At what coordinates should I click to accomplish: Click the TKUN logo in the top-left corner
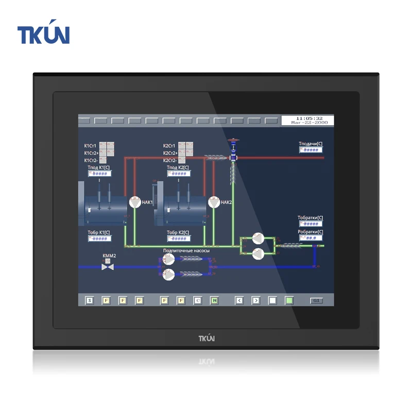(43, 35)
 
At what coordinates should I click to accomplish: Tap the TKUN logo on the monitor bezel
(207, 338)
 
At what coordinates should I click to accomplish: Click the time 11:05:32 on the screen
(307, 118)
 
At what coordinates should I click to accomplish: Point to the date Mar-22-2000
(307, 124)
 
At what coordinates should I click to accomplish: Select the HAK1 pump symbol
(134, 202)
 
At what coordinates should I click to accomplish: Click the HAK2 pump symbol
(214, 202)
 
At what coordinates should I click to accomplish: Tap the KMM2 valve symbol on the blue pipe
(108, 267)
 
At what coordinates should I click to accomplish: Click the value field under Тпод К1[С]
(100, 174)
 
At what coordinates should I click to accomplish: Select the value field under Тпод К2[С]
(179, 174)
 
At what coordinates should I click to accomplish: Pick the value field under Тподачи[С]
(311, 150)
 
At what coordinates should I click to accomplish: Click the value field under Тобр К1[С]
(100, 238)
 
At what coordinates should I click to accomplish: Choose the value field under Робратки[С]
(311, 238)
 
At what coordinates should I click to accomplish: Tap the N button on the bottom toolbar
(214, 300)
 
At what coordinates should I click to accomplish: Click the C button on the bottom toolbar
(198, 300)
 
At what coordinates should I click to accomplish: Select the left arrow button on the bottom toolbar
(239, 300)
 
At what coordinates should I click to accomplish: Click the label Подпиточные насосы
(186, 251)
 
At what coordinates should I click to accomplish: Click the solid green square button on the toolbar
(289, 300)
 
